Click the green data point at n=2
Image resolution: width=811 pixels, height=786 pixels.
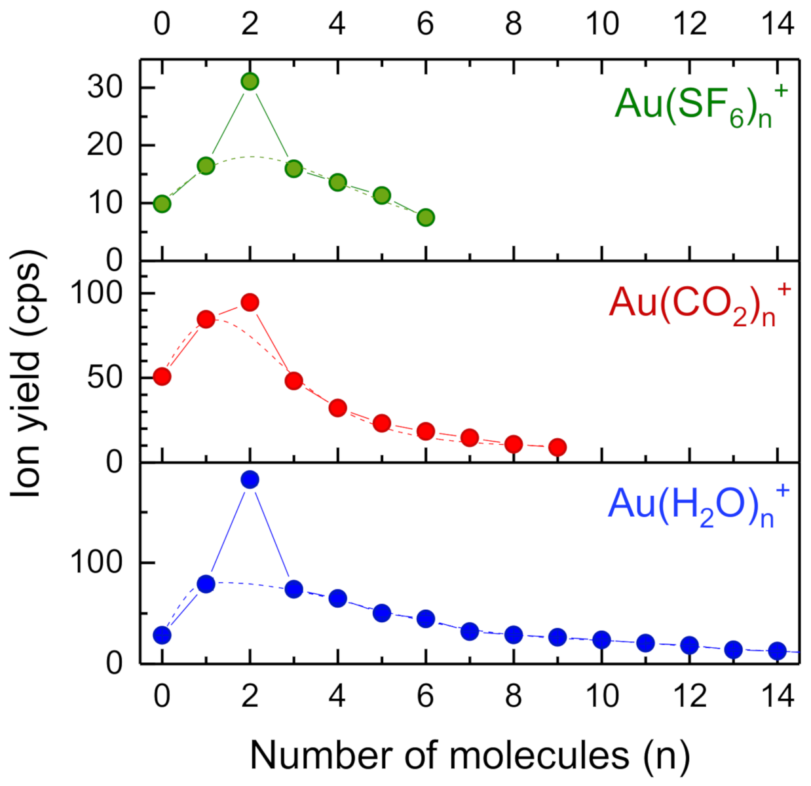(x=250, y=81)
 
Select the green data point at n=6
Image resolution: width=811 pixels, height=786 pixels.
(x=426, y=217)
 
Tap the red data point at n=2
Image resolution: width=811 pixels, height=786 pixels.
(x=250, y=302)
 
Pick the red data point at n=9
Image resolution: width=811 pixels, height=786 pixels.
(x=557, y=447)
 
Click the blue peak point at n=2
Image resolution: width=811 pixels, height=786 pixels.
(x=250, y=479)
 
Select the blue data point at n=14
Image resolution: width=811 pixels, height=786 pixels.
(x=778, y=650)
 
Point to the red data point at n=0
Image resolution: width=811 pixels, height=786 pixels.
(x=162, y=376)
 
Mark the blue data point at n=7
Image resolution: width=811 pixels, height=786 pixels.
(x=470, y=631)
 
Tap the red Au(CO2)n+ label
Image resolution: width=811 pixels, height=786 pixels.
(x=698, y=304)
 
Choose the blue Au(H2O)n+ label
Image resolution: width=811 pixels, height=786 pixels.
(x=697, y=506)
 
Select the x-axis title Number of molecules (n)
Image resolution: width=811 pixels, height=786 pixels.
(x=470, y=755)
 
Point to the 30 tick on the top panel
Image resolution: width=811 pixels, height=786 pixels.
(x=105, y=87)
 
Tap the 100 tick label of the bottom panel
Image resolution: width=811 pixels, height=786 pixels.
(x=96, y=562)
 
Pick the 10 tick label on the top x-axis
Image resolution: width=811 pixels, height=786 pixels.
(x=602, y=24)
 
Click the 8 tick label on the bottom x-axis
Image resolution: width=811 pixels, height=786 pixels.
(x=514, y=696)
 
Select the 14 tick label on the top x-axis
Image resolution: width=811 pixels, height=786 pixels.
(x=778, y=24)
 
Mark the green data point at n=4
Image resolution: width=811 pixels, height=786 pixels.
(x=337, y=182)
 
